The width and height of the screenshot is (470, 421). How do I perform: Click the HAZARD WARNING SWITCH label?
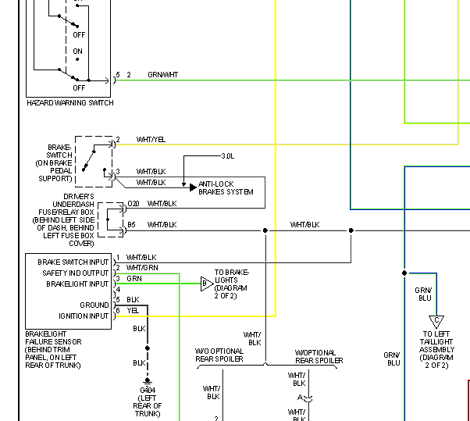[x=70, y=103]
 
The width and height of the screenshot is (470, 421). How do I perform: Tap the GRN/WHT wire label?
[x=162, y=75]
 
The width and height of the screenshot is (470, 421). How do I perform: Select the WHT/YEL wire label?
[x=151, y=140]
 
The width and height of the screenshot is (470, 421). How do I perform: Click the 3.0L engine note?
[x=228, y=156]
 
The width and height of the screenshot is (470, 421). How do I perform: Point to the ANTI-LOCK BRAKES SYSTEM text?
[x=226, y=188]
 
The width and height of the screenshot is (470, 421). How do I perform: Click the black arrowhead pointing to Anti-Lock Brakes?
[x=193, y=187]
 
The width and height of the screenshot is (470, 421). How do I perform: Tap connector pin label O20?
[x=134, y=204]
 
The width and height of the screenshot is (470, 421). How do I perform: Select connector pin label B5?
[x=131, y=225]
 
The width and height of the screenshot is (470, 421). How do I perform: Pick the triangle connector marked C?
[x=436, y=321]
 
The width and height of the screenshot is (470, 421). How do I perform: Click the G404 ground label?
[x=148, y=390]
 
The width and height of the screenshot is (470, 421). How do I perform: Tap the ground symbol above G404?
[x=148, y=381]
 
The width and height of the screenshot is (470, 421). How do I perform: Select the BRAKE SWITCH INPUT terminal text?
[x=73, y=262]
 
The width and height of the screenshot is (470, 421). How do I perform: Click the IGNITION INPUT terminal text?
[x=84, y=316]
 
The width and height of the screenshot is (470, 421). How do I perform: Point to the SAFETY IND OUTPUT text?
[x=75, y=273]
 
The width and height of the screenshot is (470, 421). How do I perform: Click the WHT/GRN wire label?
[x=142, y=267]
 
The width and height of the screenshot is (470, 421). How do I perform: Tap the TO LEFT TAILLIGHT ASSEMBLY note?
[x=436, y=350]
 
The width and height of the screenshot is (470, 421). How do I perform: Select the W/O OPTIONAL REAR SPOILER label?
[x=219, y=355]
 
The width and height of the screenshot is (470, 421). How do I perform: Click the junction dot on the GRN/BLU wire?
[x=404, y=273]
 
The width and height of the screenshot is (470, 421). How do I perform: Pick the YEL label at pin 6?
[x=133, y=311]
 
